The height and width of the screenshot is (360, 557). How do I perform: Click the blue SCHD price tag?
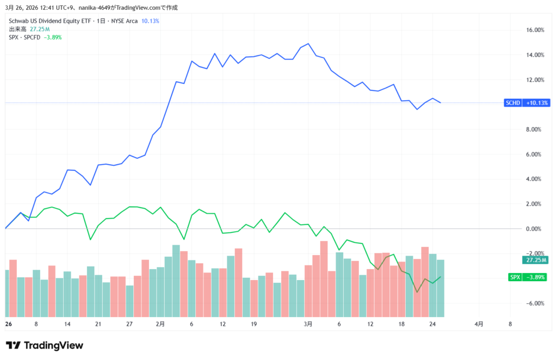[513, 103]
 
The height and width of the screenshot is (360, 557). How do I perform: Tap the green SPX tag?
[515, 277]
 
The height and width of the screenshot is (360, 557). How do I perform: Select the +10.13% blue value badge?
[536, 103]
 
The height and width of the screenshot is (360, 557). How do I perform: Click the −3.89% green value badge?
[536, 277]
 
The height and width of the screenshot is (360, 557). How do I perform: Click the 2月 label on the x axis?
[160, 324]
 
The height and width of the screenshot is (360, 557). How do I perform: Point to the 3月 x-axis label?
[308, 324]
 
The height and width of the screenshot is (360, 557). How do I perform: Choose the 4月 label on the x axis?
[479, 324]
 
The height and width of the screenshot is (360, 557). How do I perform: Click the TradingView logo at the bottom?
[45, 345]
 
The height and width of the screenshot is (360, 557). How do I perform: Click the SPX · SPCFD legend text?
[24, 37]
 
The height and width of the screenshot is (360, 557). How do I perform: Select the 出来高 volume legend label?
[17, 29]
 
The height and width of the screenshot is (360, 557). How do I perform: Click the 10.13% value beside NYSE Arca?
[150, 21]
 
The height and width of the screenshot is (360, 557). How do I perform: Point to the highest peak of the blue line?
[308, 44]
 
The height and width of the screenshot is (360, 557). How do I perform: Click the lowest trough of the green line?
[417, 292]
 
